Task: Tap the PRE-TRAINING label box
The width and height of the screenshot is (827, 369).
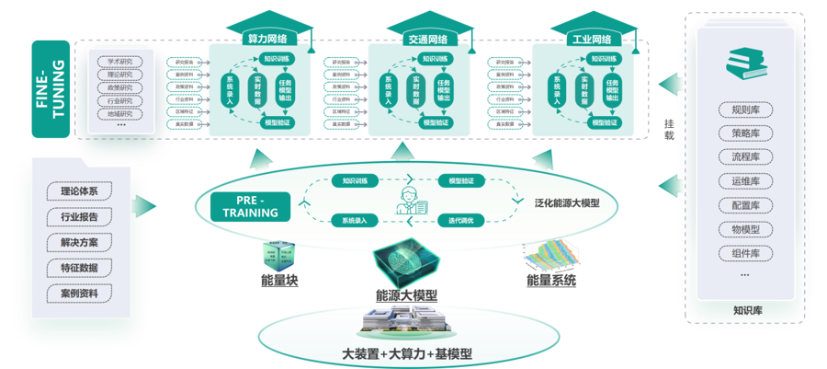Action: coord(250,207)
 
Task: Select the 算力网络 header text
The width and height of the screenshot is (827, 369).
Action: coord(267,40)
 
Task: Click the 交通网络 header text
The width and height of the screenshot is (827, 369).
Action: coord(428,40)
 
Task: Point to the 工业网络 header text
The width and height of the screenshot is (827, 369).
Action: coord(591,40)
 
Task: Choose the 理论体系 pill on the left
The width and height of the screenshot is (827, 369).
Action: coord(85,191)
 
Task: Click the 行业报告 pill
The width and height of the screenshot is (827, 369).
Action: coord(85,217)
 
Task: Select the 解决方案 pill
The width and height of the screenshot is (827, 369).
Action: coord(85,242)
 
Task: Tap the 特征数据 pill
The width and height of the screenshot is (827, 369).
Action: coord(85,268)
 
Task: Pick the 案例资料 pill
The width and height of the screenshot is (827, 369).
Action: coord(85,293)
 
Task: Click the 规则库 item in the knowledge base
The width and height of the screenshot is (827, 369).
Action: coord(743,110)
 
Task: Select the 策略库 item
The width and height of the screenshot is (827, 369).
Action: coord(743,133)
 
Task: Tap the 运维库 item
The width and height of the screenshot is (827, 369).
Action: coord(743,180)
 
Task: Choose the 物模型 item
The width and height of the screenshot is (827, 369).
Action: coord(743,228)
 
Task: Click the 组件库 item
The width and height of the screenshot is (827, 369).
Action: coord(743,252)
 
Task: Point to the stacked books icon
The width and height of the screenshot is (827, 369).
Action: coord(744,63)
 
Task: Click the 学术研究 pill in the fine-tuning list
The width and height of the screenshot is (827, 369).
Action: coord(120,63)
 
